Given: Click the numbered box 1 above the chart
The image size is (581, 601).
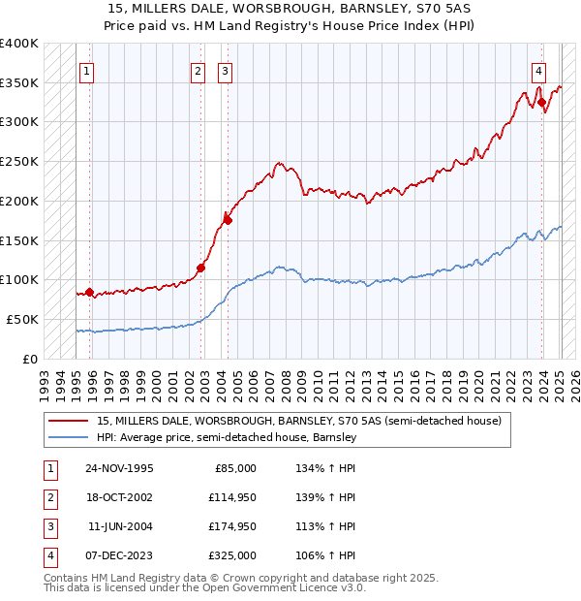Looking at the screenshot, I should tap(87, 70).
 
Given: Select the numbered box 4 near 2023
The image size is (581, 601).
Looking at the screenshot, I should tap(537, 70).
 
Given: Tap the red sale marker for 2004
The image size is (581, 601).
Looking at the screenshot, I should tap(228, 220).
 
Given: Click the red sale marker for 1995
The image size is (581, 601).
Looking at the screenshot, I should tap(89, 291).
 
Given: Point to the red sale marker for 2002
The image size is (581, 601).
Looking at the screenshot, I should tap(201, 268).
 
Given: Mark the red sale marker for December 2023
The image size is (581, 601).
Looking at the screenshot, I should tap(541, 102).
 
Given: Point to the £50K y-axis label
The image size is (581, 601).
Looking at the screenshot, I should tap(22, 319).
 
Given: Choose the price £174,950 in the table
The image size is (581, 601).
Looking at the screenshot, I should tap(233, 527).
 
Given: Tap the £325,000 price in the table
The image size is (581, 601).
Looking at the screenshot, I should tap(233, 556).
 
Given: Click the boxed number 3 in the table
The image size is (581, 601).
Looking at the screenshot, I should tap(48, 527).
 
